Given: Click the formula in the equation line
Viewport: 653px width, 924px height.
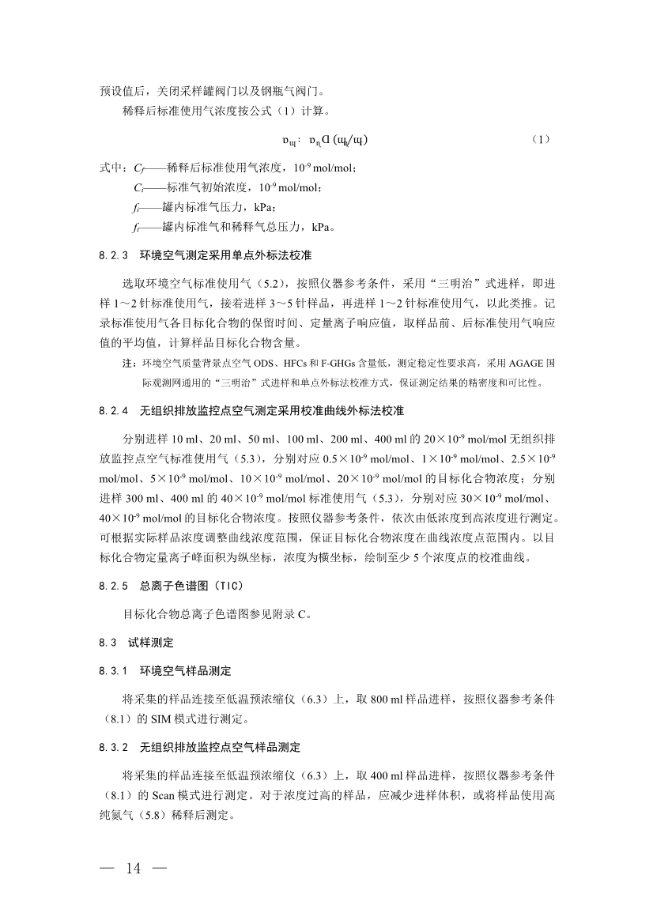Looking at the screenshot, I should pos(325,140).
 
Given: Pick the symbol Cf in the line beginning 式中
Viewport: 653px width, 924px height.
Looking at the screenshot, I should pos(138,168).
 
